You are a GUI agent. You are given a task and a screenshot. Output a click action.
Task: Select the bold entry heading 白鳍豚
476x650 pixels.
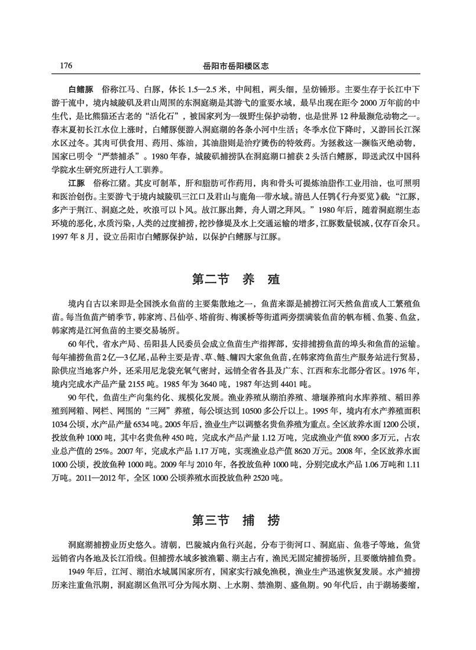coord(82,96)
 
